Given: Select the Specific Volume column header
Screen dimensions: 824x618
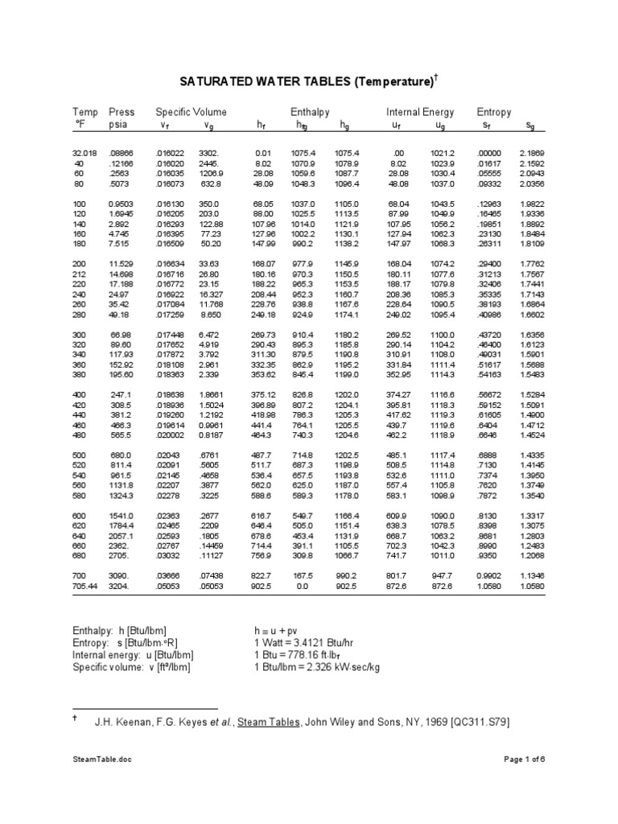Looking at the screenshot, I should (x=191, y=112).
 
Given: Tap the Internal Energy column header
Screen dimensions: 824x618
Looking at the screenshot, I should (x=420, y=112).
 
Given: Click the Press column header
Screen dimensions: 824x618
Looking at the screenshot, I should (x=122, y=112).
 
